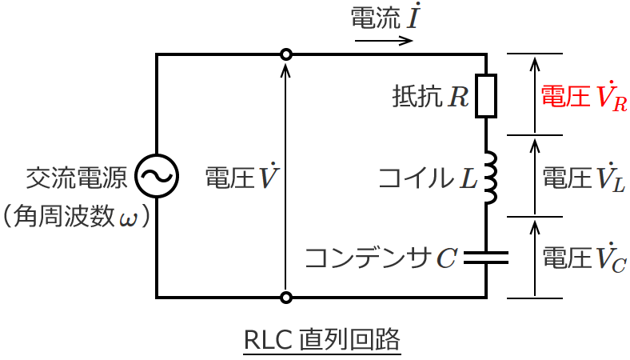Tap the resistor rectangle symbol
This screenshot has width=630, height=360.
pyautogui.click(x=486, y=97)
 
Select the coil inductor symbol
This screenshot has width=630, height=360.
pyautogui.click(x=489, y=177)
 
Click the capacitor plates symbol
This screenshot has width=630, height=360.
pyautogui.click(x=486, y=257)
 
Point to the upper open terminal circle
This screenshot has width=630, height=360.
pyautogui.click(x=286, y=54)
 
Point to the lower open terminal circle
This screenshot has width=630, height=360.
pyautogui.click(x=286, y=298)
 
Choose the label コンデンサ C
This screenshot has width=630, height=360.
pyautogui.click(x=381, y=258)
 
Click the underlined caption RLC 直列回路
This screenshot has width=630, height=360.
pyautogui.click(x=321, y=340)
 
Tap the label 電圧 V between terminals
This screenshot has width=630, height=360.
pyautogui.click(x=241, y=177)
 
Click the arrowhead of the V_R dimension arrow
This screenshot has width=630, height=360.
pyautogui.click(x=536, y=59)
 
